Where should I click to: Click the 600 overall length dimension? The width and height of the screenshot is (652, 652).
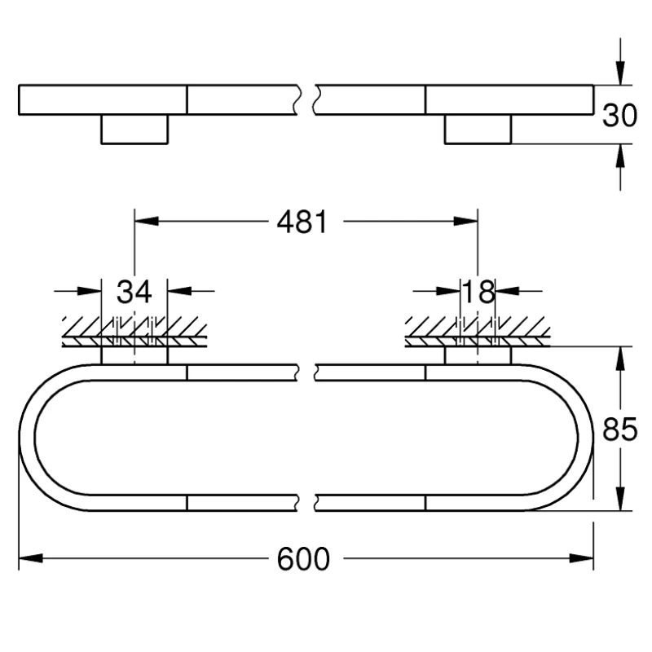click(303, 558)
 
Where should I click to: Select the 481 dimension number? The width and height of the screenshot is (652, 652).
click(302, 221)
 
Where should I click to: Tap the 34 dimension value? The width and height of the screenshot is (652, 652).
click(134, 291)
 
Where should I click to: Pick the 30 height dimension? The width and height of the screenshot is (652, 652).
click(619, 115)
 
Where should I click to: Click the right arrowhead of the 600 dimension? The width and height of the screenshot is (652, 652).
click(581, 558)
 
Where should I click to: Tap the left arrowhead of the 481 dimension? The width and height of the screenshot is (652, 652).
click(146, 221)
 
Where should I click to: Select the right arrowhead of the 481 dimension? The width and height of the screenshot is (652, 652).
click(466, 221)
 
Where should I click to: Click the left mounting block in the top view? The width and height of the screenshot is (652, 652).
click(134, 129)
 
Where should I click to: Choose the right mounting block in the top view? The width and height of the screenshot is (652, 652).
click(478, 129)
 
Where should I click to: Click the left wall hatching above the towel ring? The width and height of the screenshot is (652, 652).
click(134, 330)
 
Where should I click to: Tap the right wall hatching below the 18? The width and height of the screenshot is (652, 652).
click(478, 330)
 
